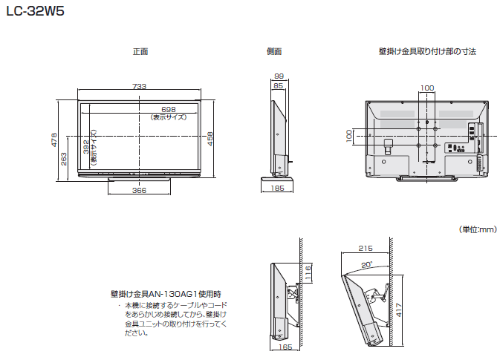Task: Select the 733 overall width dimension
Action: point(139,87)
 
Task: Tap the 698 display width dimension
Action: point(168,109)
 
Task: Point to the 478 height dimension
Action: point(54,139)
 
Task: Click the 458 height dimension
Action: point(210,139)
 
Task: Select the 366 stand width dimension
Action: point(139,191)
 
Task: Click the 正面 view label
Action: point(140,52)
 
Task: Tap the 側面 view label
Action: point(274,52)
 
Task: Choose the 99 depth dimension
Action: point(279,76)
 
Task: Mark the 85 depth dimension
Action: point(278,86)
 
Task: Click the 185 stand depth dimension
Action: point(277,189)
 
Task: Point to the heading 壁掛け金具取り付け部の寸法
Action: point(426,52)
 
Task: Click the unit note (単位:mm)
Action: point(475,230)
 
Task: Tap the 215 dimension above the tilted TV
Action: point(364,248)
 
